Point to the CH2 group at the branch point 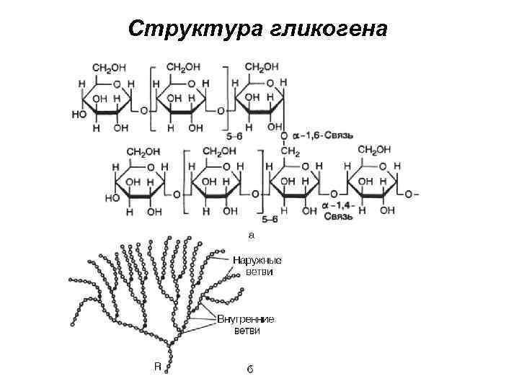pyautogui.click(x=290, y=151)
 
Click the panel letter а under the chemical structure pyautogui.click(x=252, y=234)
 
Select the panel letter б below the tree pyautogui.click(x=249, y=369)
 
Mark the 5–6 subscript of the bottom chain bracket pyautogui.click(x=270, y=218)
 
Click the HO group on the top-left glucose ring pyautogui.click(x=80, y=112)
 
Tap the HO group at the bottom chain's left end pyautogui.click(x=112, y=196)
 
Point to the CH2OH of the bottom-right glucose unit pyautogui.click(x=374, y=150)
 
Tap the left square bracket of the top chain pyautogui.click(x=152, y=97)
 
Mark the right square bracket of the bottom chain pyautogui.click(x=261, y=184)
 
